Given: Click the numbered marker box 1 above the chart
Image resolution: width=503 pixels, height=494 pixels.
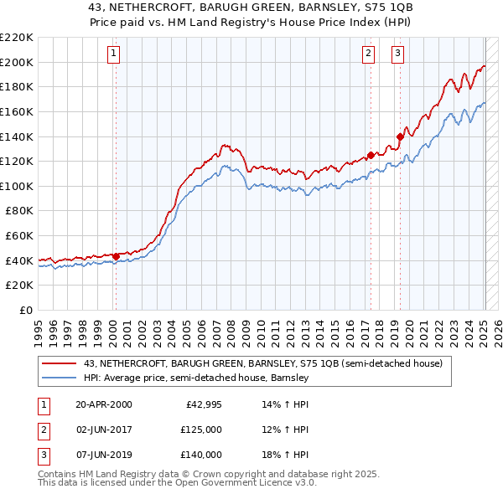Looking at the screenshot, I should [114, 54].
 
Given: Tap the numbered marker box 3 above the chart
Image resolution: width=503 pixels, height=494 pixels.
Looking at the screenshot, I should [398, 54].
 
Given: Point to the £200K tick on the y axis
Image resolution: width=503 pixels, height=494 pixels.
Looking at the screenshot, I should [17, 62].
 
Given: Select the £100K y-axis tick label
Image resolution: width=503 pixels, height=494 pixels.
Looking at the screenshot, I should [17, 186].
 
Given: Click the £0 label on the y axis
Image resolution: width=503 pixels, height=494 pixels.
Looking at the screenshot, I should [25, 310].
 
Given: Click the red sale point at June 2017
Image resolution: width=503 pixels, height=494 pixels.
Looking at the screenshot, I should [370, 155].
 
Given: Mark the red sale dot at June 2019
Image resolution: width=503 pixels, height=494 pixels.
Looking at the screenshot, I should [400, 136].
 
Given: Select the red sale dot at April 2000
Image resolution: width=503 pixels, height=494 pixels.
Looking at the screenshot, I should [116, 256].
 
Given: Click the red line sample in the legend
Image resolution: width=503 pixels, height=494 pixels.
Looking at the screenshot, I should [60, 363].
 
